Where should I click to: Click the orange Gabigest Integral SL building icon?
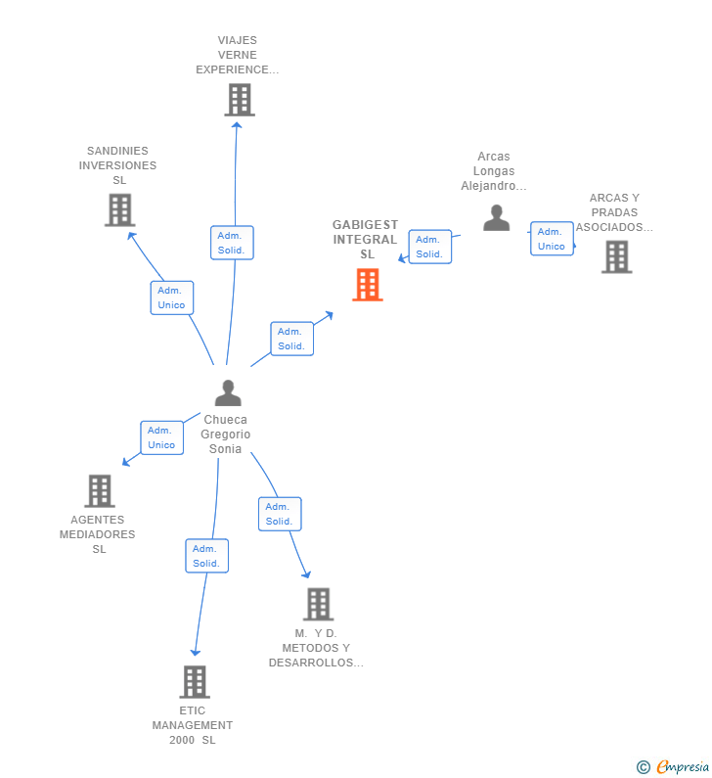click(367, 285)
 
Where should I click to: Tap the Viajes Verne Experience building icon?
click(239, 100)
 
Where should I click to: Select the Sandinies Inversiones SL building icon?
click(119, 209)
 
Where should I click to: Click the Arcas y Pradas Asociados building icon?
click(616, 256)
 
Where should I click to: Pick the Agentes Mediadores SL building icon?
click(99, 490)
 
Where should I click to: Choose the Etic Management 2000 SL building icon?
click(195, 681)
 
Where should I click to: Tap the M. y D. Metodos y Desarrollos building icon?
click(318, 604)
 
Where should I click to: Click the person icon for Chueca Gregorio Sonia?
click(228, 393)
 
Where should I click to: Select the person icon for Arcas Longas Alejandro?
click(496, 217)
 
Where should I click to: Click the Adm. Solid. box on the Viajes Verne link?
click(232, 243)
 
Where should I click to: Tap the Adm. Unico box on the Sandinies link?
click(171, 297)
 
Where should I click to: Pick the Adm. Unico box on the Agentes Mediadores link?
click(161, 437)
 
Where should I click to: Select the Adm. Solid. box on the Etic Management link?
click(206, 556)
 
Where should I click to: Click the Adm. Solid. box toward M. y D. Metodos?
click(280, 514)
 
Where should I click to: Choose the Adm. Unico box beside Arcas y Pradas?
click(552, 239)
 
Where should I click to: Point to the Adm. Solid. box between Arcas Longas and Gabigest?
click(429, 247)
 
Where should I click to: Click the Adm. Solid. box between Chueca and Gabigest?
click(291, 339)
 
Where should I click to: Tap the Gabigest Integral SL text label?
click(366, 240)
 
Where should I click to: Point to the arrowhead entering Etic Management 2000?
click(196, 651)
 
